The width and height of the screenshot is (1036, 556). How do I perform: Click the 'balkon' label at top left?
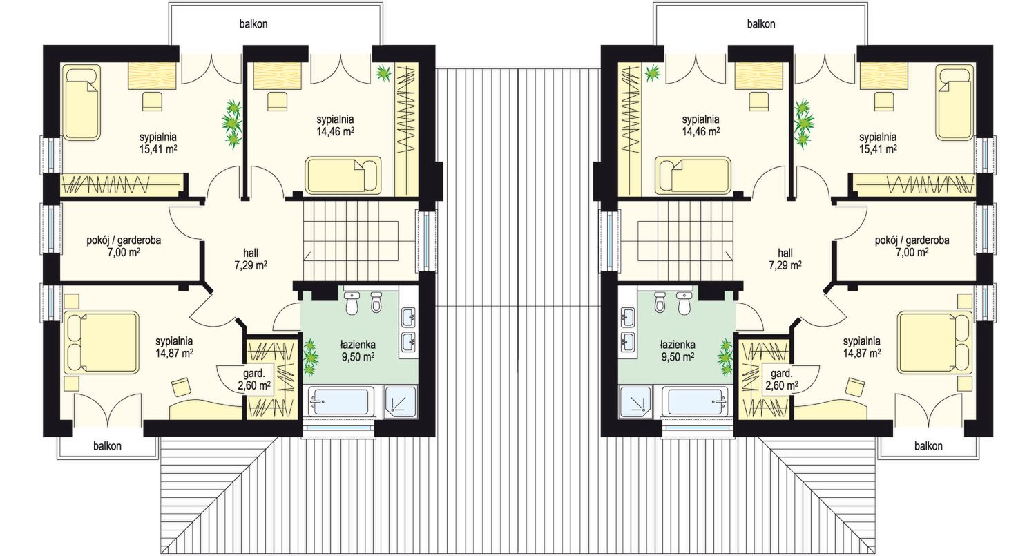[x=253, y=24]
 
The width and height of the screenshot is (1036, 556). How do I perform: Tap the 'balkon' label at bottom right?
[x=928, y=446]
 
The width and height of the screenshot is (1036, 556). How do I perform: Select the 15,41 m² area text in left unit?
[x=159, y=149]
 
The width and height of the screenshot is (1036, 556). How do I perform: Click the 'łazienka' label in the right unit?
[x=678, y=345]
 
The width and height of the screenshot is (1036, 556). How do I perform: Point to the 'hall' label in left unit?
[x=251, y=253]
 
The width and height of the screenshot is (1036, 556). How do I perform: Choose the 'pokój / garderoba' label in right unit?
[x=912, y=240]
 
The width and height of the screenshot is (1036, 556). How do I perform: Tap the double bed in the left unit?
[x=102, y=343]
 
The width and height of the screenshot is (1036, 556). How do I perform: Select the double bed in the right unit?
[x=934, y=343]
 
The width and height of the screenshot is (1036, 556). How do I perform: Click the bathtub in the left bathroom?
[x=341, y=401]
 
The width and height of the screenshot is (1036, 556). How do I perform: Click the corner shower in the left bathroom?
[x=401, y=401]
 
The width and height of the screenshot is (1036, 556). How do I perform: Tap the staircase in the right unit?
[x=675, y=240]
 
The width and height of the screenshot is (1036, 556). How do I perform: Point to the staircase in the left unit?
[x=360, y=240]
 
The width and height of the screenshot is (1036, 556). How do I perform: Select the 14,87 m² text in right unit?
[x=862, y=354]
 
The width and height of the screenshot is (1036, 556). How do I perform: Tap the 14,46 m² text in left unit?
[x=335, y=131]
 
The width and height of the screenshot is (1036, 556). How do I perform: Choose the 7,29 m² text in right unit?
[x=785, y=265]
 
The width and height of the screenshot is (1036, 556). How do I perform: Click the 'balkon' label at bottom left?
[x=107, y=446]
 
